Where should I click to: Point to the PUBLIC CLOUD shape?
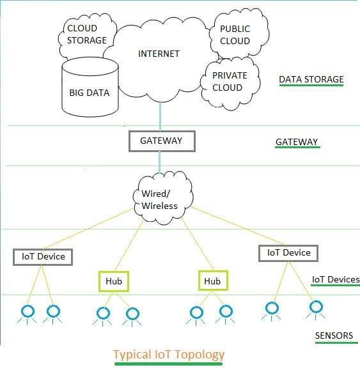235,35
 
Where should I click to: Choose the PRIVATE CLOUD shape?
229,81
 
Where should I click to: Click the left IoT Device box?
43,257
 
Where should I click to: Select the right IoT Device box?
288,252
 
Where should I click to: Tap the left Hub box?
114,281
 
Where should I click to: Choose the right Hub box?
212,281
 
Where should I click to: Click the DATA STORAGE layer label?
311,80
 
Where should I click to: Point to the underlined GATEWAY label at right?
296,143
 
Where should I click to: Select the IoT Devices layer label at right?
335,280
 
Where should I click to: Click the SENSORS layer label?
333,336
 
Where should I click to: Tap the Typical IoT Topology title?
169,354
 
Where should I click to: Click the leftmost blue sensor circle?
27,311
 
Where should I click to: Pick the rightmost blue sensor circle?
315,307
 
